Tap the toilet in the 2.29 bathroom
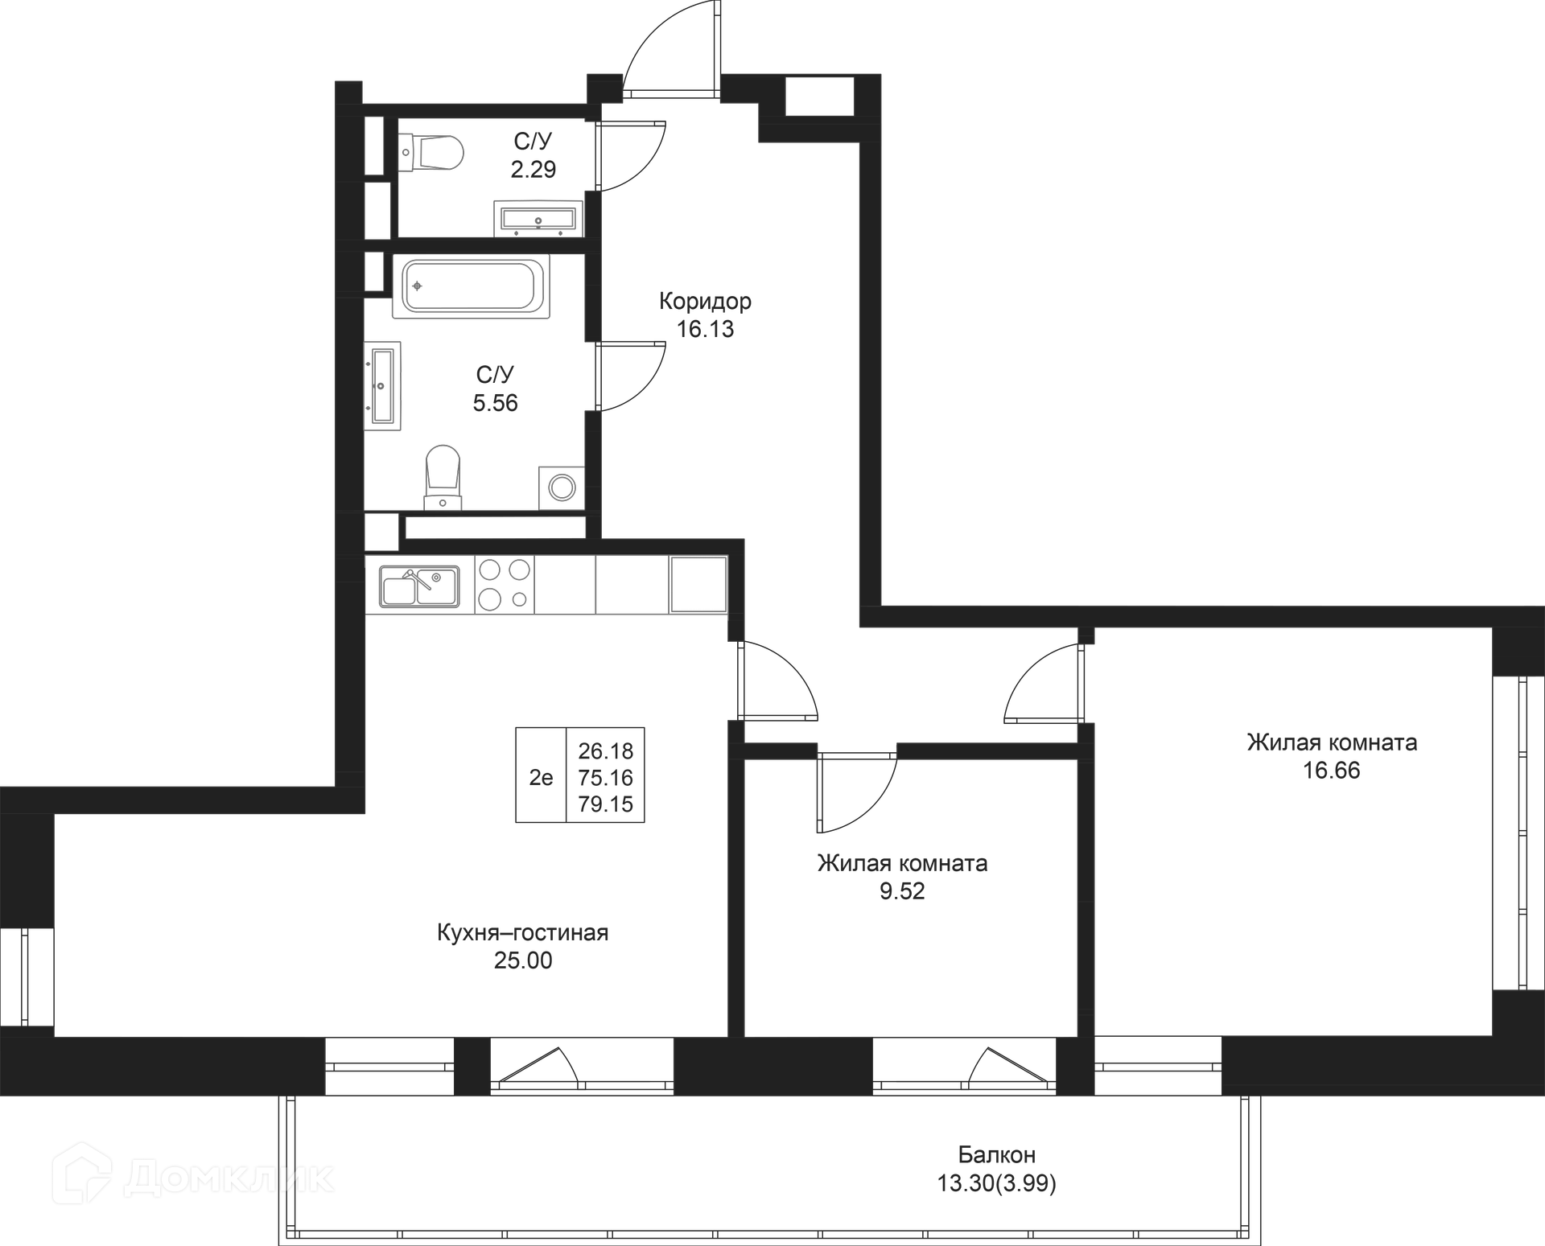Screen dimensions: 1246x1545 click(432, 151)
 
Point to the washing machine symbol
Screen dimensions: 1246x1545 click(562, 487)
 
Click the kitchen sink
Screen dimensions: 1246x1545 click(419, 586)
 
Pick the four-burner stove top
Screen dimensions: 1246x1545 click(505, 584)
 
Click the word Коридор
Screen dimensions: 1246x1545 click(705, 302)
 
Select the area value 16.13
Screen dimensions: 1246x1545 click(705, 329)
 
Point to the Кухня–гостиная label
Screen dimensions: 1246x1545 click(523, 933)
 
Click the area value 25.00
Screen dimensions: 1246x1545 click(523, 960)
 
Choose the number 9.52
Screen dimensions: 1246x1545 click(902, 891)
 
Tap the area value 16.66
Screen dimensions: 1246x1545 click(1332, 771)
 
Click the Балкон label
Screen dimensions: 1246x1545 click(997, 1155)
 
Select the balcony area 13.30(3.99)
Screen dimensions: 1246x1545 click(997, 1183)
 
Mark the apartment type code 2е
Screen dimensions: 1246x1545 click(541, 778)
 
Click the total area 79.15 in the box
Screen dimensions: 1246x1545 click(606, 804)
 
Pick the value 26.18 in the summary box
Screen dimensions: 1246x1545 click(606, 751)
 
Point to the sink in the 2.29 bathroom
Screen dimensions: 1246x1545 click(538, 218)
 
